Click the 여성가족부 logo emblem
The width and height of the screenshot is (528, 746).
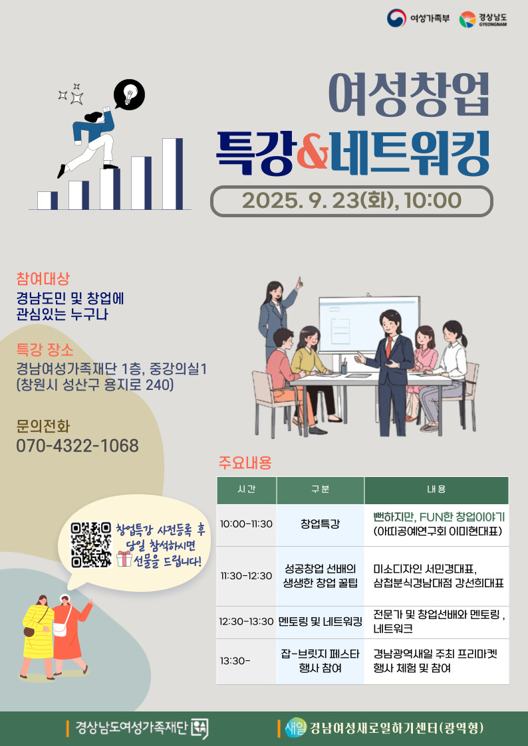[x=396, y=19]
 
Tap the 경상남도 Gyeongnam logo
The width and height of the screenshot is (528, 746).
[x=483, y=19]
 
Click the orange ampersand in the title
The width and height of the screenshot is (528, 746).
[x=313, y=153]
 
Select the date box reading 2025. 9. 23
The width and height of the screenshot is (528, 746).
[x=351, y=201]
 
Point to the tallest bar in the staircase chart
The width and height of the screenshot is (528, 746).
[x=172, y=174]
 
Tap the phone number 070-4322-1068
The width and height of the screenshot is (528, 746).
[x=78, y=446]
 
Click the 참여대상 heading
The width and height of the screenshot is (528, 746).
[x=43, y=278]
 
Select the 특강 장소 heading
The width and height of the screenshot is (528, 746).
[x=45, y=349]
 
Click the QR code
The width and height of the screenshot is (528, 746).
[x=91, y=545]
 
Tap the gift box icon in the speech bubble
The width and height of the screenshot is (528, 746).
[x=124, y=559]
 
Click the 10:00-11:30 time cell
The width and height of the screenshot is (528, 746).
[x=246, y=524]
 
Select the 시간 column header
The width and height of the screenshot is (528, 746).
[x=246, y=490]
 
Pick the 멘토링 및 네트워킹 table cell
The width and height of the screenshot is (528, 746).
[x=320, y=622]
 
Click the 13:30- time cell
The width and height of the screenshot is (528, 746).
[x=246, y=662]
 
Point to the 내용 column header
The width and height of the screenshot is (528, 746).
[x=436, y=490]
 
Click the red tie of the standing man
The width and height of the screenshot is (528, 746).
[x=388, y=347]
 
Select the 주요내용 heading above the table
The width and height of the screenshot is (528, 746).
[x=245, y=463]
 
